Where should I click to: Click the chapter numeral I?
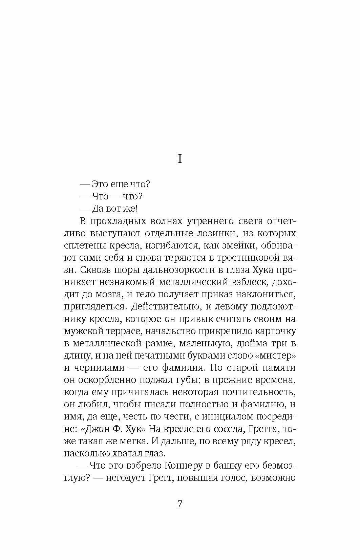[x=180, y=158]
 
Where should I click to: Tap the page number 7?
[x=180, y=504]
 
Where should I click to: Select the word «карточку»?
[x=274, y=331]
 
